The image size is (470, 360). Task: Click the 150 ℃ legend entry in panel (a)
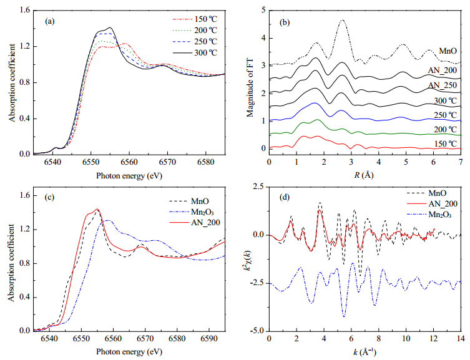pyautogui.click(x=195, y=19)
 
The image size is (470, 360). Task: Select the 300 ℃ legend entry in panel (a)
pyautogui.click(x=195, y=52)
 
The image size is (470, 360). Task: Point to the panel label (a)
pyautogui.click(x=50, y=21)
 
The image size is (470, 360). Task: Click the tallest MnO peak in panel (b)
pyautogui.click(x=342, y=20)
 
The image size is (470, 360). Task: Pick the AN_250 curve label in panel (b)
pyautogui.click(x=443, y=85)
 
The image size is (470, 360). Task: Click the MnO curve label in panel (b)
pyautogui.click(x=448, y=51)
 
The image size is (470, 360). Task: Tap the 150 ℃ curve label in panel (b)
pyautogui.click(x=446, y=144)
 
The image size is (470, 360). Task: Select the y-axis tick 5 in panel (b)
pyautogui.click(x=263, y=10)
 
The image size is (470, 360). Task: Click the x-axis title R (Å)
pyautogui.click(x=364, y=175)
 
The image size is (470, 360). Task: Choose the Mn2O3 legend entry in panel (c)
pyautogui.click(x=192, y=212)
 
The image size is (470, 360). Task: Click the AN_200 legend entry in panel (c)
pyautogui.click(x=195, y=223)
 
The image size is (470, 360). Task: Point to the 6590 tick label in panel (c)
pyautogui.click(x=209, y=339)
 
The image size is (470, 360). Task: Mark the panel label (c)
pyautogui.click(x=49, y=197)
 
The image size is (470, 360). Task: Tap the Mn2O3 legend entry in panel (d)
pyautogui.click(x=429, y=215)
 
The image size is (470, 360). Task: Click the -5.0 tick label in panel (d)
pyautogui.click(x=258, y=331)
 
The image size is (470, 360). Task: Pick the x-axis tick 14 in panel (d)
pyautogui.click(x=461, y=339)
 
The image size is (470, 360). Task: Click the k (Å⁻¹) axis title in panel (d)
pyautogui.click(x=364, y=352)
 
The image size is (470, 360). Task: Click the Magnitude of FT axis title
pyautogui.click(x=250, y=87)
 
